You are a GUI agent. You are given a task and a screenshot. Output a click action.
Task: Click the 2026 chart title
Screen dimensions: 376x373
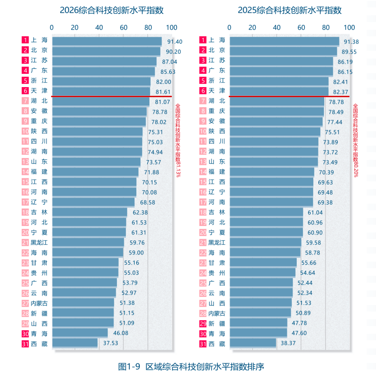[112, 10]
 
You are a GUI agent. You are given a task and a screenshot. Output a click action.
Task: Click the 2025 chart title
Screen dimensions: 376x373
[289, 10]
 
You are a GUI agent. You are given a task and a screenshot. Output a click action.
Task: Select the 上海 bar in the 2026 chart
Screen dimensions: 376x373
[107, 41]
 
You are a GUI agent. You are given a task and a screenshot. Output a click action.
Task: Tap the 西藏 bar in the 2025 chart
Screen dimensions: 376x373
[253, 342]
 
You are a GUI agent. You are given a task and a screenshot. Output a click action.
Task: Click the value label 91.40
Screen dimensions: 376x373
[175, 42]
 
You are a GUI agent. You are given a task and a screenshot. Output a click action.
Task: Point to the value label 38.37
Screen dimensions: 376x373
[288, 343]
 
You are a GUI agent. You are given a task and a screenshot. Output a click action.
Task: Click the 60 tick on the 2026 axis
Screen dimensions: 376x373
[123, 28]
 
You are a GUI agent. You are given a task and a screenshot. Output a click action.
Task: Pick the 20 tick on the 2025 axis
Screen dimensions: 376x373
[252, 28]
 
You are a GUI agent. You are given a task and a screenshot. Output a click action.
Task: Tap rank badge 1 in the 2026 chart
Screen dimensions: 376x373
[25, 40]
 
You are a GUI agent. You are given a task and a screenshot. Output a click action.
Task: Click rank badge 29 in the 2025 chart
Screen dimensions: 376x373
[203, 323]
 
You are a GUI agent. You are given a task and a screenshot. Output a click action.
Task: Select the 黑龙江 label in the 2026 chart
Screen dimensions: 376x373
[39, 243]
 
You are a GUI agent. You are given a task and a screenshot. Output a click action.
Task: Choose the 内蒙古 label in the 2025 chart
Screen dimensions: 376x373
[217, 313]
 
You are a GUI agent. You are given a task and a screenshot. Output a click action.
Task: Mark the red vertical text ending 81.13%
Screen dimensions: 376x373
[178, 140]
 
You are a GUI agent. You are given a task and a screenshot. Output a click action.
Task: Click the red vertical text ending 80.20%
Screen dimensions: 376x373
[355, 140]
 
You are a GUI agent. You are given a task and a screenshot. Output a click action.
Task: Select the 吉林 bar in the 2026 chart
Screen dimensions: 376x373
[90, 212]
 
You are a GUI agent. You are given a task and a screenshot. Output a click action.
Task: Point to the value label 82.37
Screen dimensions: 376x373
[340, 92]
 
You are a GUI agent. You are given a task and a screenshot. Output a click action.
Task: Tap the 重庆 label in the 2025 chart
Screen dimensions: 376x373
[217, 111]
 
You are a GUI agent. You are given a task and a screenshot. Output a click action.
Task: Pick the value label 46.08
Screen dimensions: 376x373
[120, 333]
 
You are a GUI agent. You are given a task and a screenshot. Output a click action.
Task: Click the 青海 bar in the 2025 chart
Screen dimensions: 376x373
[258, 333]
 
